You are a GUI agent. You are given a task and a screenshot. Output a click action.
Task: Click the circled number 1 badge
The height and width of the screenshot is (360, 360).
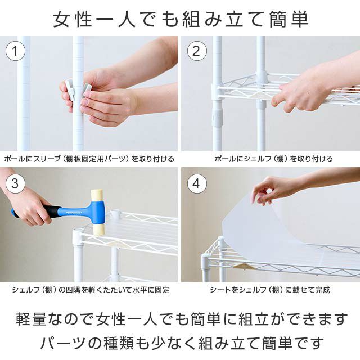click(x=15, y=51)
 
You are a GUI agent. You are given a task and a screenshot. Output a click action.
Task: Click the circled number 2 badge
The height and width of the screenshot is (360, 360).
click(x=196, y=51)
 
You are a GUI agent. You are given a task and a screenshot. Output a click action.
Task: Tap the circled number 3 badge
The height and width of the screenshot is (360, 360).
click(x=15, y=184)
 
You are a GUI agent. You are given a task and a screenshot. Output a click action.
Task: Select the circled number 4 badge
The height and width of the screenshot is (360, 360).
click(x=196, y=184)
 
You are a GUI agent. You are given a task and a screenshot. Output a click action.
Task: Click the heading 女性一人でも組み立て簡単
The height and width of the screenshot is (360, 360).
click(x=180, y=19)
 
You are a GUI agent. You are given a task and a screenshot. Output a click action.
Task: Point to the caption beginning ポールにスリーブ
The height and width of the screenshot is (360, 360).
click(x=89, y=159)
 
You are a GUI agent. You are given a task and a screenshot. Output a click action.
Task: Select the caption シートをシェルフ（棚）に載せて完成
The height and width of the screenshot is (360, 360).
click(x=269, y=290)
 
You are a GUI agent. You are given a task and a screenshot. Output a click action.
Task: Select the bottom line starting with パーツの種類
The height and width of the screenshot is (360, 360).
click(x=180, y=342)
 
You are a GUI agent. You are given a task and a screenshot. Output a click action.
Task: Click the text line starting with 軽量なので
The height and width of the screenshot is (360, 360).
click(x=180, y=319)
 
